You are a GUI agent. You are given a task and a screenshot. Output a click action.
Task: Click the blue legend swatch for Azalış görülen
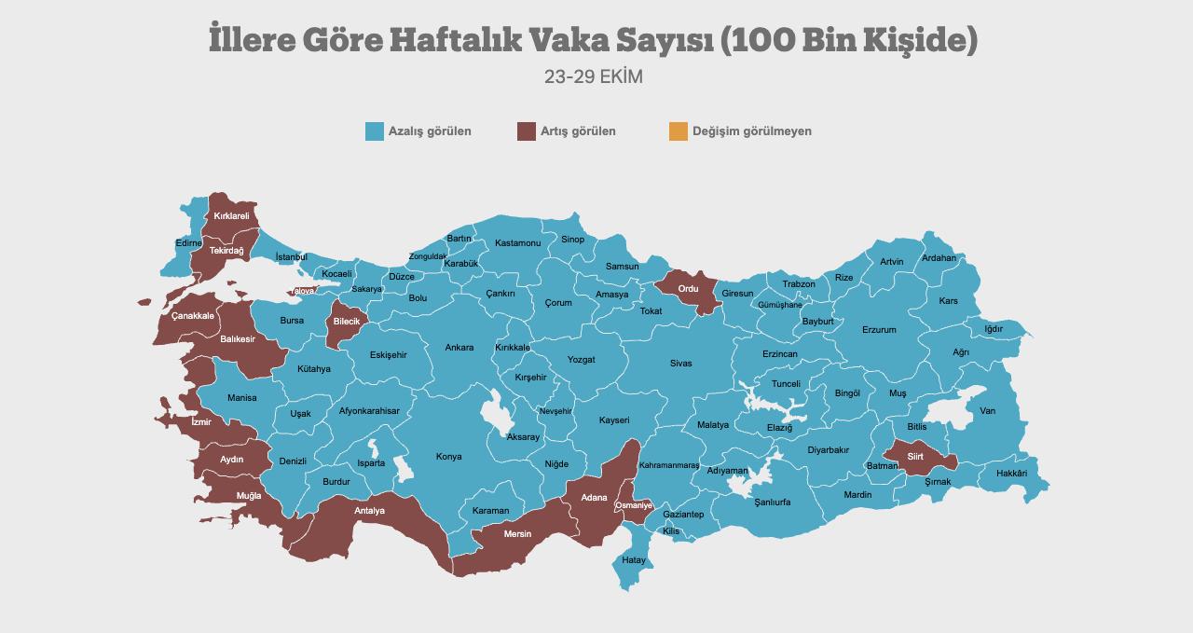point(375,131)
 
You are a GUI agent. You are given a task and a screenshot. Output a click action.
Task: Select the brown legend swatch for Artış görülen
point(527,131)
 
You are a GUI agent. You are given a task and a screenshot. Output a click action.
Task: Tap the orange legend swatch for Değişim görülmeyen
point(678,131)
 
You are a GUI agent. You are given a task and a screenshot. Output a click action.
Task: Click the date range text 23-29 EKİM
point(594,76)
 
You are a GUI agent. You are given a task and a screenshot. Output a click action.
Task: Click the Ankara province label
point(459,348)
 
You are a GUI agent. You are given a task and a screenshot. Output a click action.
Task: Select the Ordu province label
point(688,289)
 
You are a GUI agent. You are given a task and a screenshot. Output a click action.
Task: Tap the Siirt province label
point(915,457)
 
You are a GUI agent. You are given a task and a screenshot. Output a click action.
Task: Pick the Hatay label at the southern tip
point(634,560)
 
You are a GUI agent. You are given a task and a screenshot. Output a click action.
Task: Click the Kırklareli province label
point(231,216)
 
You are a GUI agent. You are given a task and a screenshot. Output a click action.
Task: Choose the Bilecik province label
point(346,322)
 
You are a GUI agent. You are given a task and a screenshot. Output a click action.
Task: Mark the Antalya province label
point(369,511)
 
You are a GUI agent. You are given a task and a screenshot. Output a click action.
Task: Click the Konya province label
point(448,457)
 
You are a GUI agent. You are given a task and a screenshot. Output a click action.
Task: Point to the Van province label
point(987,411)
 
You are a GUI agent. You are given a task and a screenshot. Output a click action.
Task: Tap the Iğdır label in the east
point(994,329)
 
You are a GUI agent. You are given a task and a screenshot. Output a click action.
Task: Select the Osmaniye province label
point(634,505)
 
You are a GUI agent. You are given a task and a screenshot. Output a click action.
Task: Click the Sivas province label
point(680,364)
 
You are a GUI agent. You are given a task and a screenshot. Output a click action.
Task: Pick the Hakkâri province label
point(1011,474)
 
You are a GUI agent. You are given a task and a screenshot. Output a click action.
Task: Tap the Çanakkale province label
point(193,316)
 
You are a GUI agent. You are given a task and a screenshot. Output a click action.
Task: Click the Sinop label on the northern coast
point(572,240)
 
